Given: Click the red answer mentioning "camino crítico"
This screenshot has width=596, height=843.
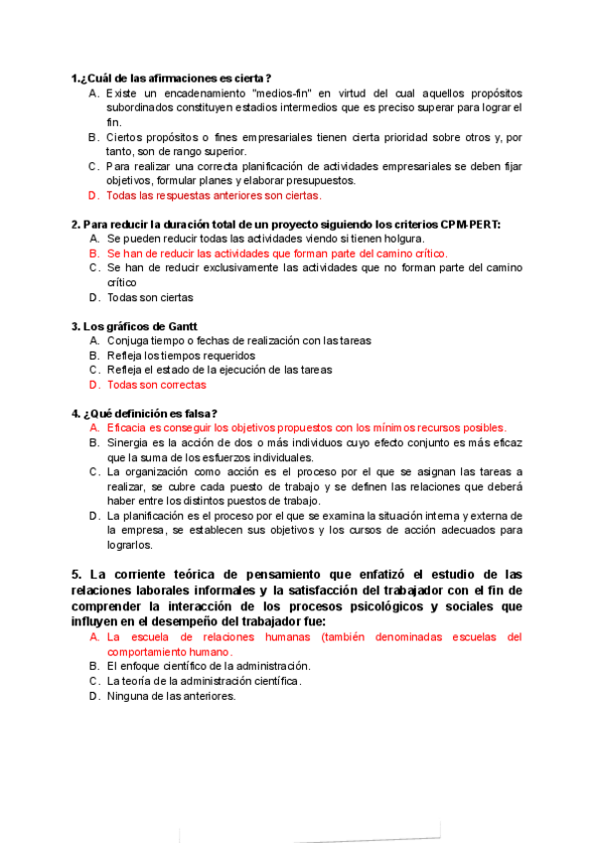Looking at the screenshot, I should [x=277, y=253].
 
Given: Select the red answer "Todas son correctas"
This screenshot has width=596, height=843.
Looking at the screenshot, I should [x=157, y=384].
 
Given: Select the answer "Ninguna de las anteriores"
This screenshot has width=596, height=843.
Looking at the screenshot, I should [x=171, y=696].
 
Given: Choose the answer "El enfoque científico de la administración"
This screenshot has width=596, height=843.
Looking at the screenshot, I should [x=208, y=666].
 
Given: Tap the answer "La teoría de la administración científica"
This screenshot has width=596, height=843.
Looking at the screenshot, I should [x=203, y=681].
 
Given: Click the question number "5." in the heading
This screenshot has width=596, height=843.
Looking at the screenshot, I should [x=76, y=575].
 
